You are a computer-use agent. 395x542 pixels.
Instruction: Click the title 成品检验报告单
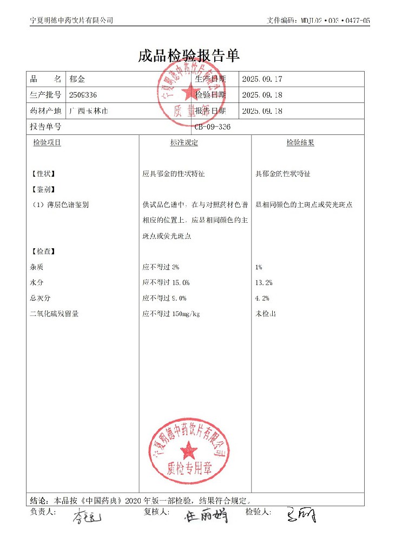[189, 56]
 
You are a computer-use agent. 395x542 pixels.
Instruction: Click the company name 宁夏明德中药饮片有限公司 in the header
[71, 20]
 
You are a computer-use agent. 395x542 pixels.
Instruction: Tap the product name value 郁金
[76, 79]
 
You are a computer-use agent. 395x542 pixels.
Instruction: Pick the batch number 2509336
[83, 95]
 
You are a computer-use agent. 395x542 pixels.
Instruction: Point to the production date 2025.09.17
[262, 79]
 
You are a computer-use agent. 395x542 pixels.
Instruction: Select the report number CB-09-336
[215, 127]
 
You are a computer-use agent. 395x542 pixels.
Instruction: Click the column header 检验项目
[47, 143]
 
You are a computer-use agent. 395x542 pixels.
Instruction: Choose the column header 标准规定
[184, 143]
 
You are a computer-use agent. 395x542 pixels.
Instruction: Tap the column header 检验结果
[300, 143]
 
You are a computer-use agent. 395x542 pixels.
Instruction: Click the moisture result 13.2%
[264, 282]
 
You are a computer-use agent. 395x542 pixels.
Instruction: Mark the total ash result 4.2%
[262, 298]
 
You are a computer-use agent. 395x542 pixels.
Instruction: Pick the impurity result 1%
[259, 267]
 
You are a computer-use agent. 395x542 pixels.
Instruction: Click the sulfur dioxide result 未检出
[266, 314]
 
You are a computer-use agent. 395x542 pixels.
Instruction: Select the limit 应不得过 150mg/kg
[171, 314]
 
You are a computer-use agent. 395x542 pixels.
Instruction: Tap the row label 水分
[37, 282]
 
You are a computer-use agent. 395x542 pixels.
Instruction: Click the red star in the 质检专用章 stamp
[189, 449]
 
